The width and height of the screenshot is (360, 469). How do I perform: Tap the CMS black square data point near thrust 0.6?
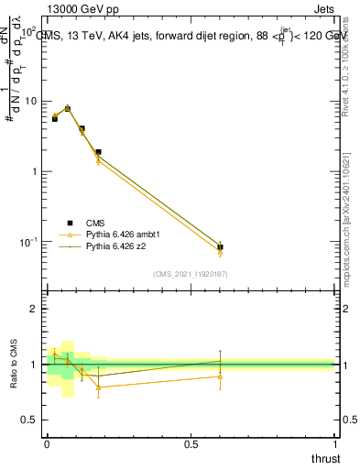click(x=220, y=247)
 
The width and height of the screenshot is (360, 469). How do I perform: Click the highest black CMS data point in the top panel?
click(x=67, y=108)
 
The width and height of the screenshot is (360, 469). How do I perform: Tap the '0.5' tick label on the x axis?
click(x=191, y=444)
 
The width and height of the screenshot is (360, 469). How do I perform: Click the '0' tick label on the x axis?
click(x=47, y=444)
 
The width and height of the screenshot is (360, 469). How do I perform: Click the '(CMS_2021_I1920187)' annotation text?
click(x=191, y=274)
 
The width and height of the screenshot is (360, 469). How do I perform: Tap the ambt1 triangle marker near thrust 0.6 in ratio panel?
click(x=220, y=376)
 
